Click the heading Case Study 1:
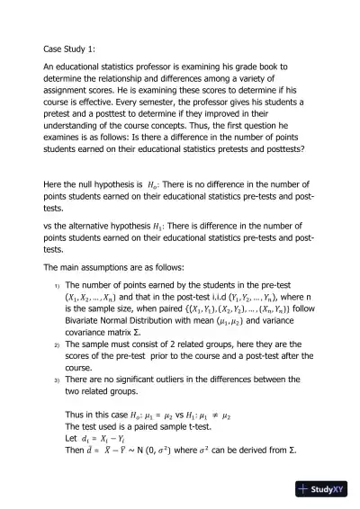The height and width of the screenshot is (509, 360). [x=72, y=49]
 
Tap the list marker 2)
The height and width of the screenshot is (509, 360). [x=56, y=344]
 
